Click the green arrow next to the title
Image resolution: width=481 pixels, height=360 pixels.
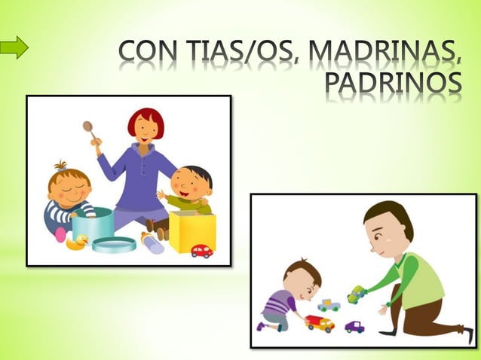pos(14,49)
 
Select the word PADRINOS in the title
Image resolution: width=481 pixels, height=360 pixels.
pos(391,89)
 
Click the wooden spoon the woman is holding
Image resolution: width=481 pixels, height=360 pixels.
pos(90,132)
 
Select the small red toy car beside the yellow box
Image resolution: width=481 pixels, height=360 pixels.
pos(201,251)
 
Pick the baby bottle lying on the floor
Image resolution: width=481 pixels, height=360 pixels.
pos(153,243)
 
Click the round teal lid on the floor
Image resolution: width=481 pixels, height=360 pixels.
pos(115,244)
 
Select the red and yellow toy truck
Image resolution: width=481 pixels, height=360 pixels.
pos(320,323)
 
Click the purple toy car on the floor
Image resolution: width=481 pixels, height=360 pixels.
pos(354,327)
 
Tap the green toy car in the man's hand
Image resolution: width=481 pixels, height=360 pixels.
pos(356,294)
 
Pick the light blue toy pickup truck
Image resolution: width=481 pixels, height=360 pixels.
pos(328,305)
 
